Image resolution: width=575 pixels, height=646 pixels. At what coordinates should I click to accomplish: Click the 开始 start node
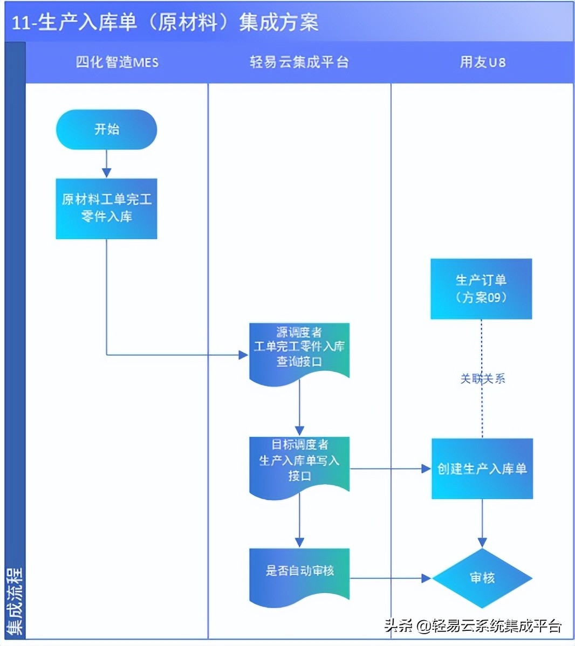coord(106,129)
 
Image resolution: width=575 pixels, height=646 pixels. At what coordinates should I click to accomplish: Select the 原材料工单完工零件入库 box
coord(106,208)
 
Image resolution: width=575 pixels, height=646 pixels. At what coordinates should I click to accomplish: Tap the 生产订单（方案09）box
coord(481,288)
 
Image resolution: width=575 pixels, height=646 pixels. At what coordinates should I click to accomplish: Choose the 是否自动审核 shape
coord(299,573)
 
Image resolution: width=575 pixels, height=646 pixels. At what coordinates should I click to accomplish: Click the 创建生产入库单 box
coord(482,469)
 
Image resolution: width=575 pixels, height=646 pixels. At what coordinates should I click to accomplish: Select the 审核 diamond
coord(482,578)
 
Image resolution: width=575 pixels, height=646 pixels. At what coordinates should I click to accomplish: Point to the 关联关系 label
coord(482,379)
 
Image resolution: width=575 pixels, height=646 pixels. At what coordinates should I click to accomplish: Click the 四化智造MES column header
coord(117,63)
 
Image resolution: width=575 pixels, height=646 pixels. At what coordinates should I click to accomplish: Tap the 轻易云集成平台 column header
coord(299,63)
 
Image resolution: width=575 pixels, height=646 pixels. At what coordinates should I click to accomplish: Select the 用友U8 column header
coord(482,63)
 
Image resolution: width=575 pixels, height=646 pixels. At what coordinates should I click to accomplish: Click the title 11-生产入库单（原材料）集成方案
coord(165,23)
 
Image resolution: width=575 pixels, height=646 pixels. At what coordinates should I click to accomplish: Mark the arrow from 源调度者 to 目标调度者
coord(299,410)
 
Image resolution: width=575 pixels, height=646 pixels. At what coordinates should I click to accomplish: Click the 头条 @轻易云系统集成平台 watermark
coord(473,626)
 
